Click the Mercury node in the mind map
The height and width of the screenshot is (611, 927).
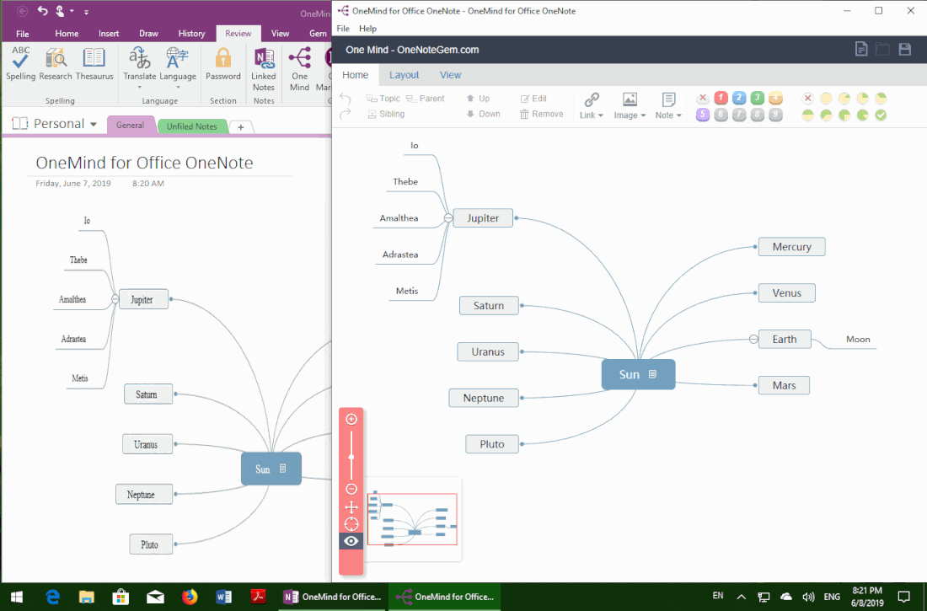coord(791,247)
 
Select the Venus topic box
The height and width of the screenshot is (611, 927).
coord(787,292)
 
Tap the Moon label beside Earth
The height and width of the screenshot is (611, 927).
coord(858,339)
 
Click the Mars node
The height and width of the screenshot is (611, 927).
coord(784,385)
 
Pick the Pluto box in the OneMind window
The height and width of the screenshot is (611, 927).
coord(492,444)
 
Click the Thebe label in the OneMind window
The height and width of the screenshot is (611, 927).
coord(405,181)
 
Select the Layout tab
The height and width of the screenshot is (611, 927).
coord(404,75)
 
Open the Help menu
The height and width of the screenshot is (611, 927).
coord(367,29)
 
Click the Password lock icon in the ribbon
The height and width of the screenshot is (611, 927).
coord(222,58)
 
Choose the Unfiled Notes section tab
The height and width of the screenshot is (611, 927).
coord(191,126)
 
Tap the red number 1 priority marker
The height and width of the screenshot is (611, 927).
coord(721,99)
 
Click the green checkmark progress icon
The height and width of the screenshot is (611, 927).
coord(881,115)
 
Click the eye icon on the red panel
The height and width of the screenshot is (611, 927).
coord(351,541)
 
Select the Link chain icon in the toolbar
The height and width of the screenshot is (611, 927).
coord(592,99)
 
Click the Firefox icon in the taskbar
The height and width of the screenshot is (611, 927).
coord(190,597)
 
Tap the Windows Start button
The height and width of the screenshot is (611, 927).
coord(17,597)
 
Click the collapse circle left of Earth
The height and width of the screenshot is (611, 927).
coord(753,339)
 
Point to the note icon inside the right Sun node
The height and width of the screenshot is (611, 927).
coord(652,374)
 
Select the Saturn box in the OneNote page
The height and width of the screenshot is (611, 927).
coord(147,394)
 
